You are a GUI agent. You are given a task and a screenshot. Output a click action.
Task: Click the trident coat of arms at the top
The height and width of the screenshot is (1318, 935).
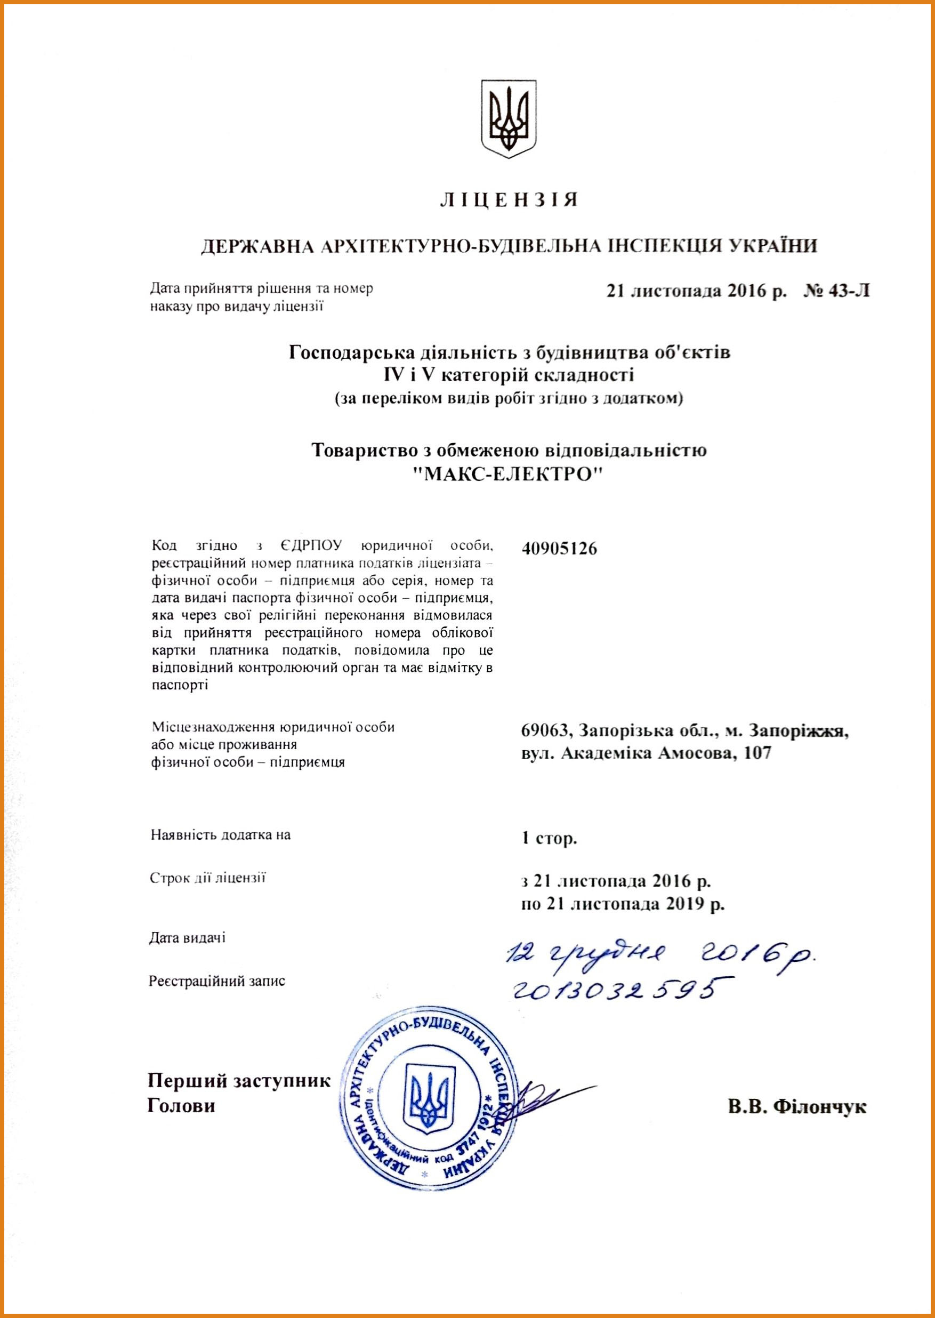click(509, 119)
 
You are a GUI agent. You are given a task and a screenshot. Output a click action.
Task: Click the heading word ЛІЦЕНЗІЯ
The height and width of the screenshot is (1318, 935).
click(509, 200)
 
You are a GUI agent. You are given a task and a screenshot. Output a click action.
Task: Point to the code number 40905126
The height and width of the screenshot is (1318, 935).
click(559, 549)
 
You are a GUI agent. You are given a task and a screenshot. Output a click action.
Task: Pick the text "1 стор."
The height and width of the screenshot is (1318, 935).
click(549, 838)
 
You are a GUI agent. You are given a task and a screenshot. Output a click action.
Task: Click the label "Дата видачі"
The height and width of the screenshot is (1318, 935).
click(188, 938)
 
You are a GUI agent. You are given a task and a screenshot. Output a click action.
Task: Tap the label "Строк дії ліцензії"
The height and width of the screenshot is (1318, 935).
click(208, 878)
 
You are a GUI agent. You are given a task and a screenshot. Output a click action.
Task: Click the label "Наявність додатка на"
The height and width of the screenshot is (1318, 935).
click(221, 834)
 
